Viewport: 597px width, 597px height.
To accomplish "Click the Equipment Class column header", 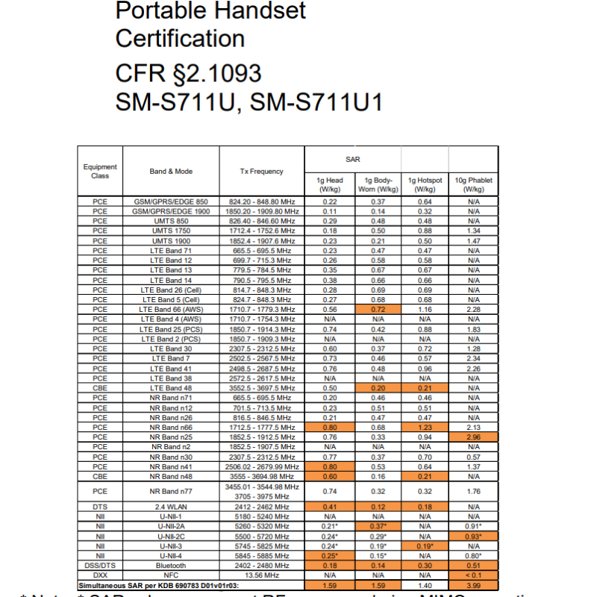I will tap(100, 172).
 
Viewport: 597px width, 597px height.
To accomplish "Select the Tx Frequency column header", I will tap(261, 172).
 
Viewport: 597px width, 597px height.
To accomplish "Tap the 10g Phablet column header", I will tap(473, 184).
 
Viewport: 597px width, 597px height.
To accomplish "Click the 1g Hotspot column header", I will tap(425, 184).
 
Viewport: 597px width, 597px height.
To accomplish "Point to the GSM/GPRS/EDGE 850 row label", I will tap(171, 201).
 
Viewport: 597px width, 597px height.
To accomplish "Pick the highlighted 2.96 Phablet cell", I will tap(473, 437).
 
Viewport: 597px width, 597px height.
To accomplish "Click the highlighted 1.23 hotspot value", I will tap(425, 428).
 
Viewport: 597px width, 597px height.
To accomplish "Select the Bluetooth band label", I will tap(171, 566).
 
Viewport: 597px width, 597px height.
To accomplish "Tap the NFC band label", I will tap(171, 576).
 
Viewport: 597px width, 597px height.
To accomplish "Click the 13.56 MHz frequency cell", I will tap(261, 576).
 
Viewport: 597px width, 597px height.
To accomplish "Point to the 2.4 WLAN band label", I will tap(171, 507).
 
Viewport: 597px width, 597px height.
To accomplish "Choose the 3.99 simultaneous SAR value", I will tap(473, 586).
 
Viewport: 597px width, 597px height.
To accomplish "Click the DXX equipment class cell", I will tap(100, 576).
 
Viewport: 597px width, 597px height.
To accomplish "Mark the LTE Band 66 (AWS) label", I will tap(171, 310).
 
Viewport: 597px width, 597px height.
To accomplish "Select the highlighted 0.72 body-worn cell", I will tap(378, 310).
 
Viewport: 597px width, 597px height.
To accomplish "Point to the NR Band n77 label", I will tap(171, 492).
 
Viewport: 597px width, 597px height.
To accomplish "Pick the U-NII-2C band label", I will tap(171, 537).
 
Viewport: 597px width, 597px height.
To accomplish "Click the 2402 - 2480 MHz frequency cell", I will tap(261, 566).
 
